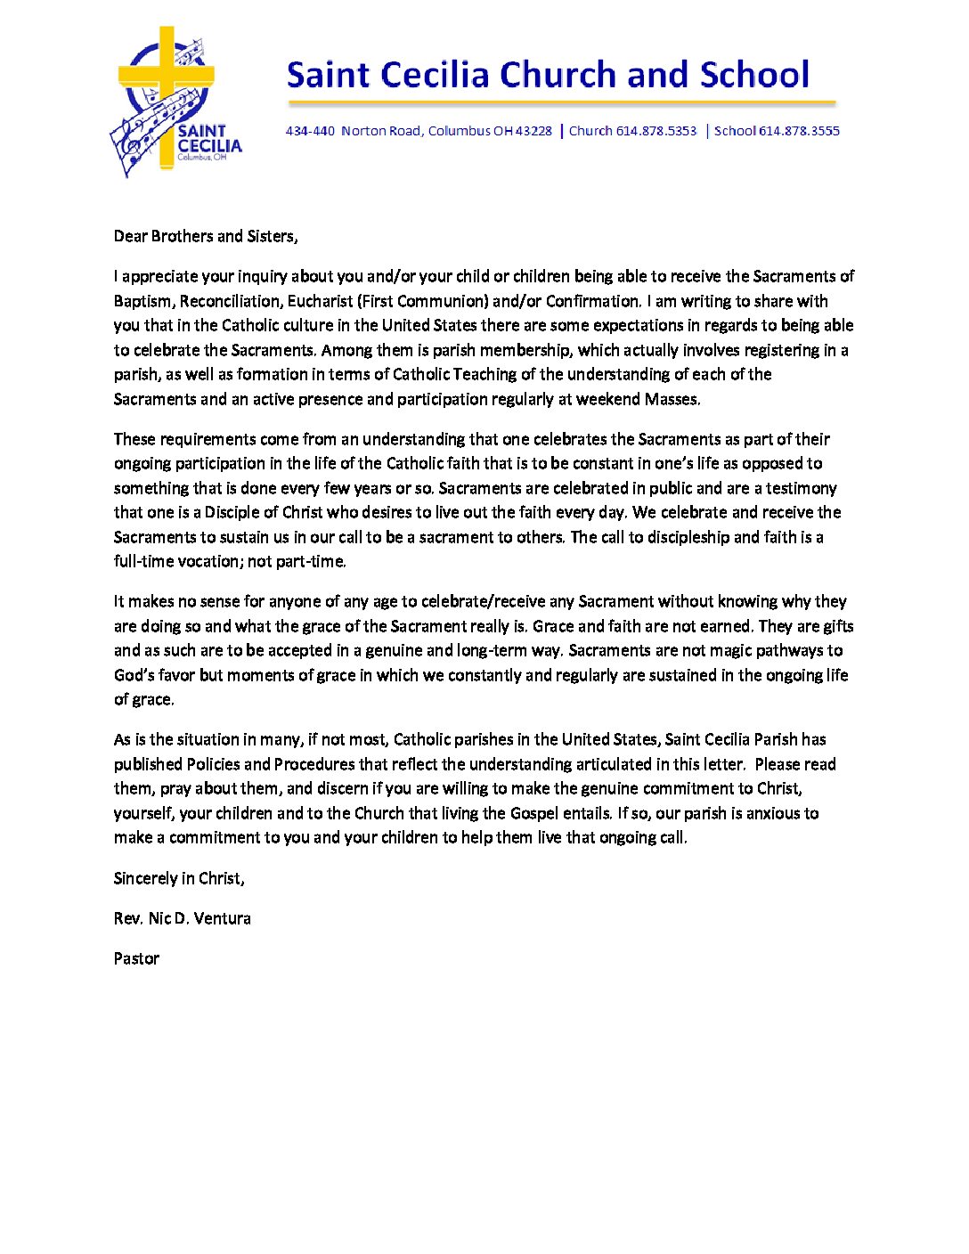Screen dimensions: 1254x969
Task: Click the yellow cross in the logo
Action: point(167,89)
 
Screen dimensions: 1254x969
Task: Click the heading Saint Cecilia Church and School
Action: point(548,75)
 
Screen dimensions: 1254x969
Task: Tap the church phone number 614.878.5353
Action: point(656,131)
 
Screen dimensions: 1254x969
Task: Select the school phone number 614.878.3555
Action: point(799,131)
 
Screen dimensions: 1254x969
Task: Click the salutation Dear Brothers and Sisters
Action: point(205,236)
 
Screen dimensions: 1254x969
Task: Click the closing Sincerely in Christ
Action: point(178,878)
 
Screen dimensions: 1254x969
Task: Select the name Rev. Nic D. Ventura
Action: point(182,918)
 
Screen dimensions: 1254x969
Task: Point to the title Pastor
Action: point(136,958)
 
